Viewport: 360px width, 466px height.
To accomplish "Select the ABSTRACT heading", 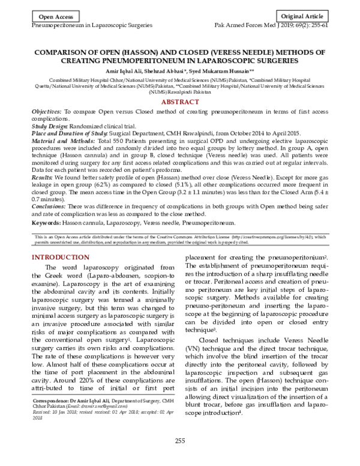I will tap(180, 103).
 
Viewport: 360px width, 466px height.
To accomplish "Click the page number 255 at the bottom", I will tap(179, 458).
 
